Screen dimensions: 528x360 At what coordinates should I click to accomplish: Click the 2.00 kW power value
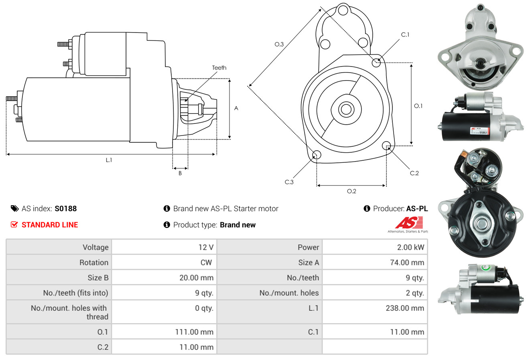tap(410, 247)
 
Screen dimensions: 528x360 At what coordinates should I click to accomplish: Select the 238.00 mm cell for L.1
tap(405, 308)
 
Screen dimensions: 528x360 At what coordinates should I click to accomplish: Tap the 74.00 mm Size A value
tap(407, 262)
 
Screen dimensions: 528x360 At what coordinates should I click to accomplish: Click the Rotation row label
tap(94, 262)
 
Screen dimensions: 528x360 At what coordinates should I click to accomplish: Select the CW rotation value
tap(206, 262)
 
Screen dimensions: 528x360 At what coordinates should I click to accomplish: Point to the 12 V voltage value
tap(206, 247)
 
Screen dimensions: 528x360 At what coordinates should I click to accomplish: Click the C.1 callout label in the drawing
tap(405, 34)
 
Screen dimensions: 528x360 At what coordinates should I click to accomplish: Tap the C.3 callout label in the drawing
tap(289, 182)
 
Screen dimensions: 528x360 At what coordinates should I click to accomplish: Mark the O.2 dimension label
tap(351, 191)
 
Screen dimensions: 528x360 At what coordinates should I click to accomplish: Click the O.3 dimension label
tap(279, 44)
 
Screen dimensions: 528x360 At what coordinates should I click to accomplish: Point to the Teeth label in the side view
tap(219, 68)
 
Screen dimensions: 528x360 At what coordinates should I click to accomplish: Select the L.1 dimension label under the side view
tap(109, 160)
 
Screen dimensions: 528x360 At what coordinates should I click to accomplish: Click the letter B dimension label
tap(180, 173)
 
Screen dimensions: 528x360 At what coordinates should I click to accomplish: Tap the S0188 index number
tap(66, 208)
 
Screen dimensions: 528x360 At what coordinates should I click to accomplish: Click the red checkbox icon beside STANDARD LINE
tap(14, 224)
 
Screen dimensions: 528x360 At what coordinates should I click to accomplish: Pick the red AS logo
tap(409, 222)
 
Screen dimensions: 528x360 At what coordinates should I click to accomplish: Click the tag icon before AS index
tap(14, 208)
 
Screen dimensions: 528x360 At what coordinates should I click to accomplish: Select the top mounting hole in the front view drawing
tap(343, 10)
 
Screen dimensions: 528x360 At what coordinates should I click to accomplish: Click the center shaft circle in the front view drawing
tap(346, 109)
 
